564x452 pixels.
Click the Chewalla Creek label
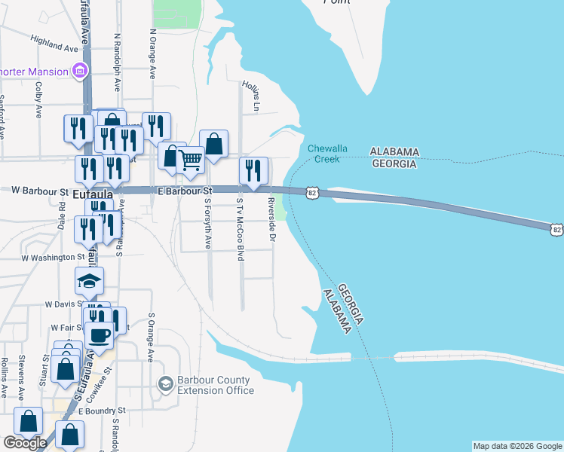click(x=324, y=154)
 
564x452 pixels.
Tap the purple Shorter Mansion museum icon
click(x=79, y=72)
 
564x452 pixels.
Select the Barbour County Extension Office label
click(x=214, y=385)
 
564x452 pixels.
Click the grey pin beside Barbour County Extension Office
click(x=165, y=385)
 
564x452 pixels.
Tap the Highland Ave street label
click(x=54, y=44)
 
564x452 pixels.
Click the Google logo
click(x=25, y=443)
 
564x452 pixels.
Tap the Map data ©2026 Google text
click(x=517, y=446)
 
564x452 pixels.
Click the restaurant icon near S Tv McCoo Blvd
click(x=253, y=169)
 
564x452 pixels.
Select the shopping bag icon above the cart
click(x=214, y=142)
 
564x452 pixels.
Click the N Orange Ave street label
click(x=152, y=54)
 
